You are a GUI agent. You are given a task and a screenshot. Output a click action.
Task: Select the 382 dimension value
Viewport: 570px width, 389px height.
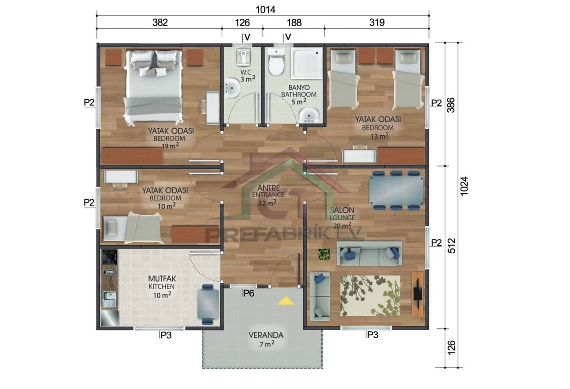(x=160, y=23)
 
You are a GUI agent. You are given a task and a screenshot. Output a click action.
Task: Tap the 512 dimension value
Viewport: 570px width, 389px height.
(x=451, y=247)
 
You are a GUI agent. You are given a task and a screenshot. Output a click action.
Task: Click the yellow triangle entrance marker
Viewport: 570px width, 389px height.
(x=285, y=301)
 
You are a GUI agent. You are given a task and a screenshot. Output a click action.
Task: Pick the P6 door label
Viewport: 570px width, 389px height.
(x=248, y=293)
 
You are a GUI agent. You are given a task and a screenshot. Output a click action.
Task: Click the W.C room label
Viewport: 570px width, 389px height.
(x=246, y=72)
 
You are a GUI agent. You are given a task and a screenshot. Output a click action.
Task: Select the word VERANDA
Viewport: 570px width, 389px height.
(x=265, y=335)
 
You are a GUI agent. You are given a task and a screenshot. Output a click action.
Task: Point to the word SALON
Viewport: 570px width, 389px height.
(x=342, y=210)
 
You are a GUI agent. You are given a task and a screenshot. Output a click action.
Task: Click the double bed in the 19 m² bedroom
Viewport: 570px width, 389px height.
(x=154, y=87)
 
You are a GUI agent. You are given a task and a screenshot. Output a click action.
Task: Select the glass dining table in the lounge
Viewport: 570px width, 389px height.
(x=396, y=190)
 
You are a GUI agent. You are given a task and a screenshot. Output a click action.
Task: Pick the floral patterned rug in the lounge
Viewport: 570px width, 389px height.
(x=370, y=295)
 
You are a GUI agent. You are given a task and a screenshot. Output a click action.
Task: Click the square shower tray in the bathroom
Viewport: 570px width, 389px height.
(x=307, y=63)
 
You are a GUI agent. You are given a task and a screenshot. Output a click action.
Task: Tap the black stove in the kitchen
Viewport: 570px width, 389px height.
(x=110, y=257)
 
